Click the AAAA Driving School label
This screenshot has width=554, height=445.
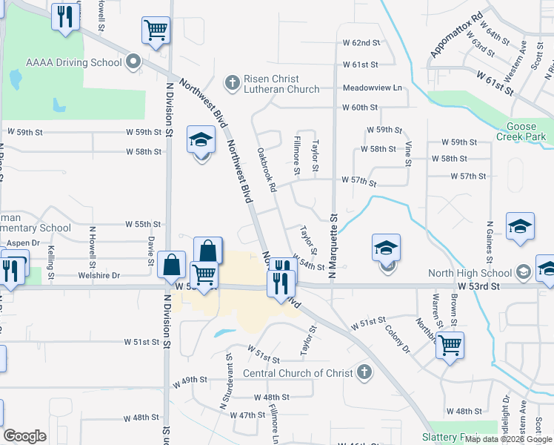point(73,62)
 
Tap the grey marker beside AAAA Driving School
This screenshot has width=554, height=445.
point(133,62)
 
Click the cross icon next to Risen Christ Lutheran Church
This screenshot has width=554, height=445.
point(233,82)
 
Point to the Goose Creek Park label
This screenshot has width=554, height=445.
point(527,131)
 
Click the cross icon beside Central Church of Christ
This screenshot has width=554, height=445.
point(363,372)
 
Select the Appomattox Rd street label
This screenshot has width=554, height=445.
point(456,35)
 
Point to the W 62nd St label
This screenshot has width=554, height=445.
point(361,44)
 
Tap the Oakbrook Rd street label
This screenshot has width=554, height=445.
point(266,171)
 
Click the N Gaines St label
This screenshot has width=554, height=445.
point(490,242)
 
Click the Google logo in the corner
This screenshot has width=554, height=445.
point(24,436)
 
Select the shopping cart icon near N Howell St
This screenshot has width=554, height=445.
point(156,30)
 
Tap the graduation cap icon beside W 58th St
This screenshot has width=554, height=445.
point(201,139)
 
